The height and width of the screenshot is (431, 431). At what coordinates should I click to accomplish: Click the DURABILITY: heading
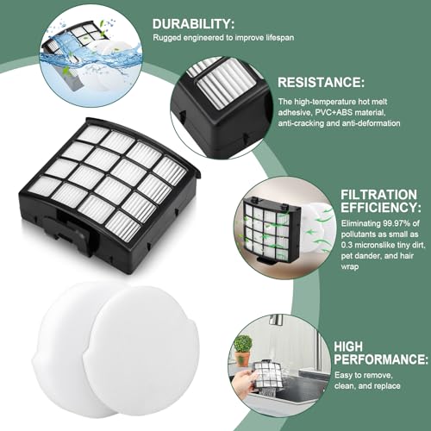(193, 24)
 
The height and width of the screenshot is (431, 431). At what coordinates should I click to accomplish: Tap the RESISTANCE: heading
(321, 83)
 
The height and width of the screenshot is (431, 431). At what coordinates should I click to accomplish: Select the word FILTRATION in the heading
(378, 195)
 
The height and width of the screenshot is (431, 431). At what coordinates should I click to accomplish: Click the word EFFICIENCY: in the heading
(381, 207)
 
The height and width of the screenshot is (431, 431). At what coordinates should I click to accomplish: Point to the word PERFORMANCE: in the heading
(381, 359)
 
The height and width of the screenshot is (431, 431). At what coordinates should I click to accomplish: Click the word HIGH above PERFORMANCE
(348, 347)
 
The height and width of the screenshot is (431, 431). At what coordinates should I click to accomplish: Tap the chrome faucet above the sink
(275, 322)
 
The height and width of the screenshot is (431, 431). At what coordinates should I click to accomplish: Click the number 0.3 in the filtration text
(347, 245)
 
